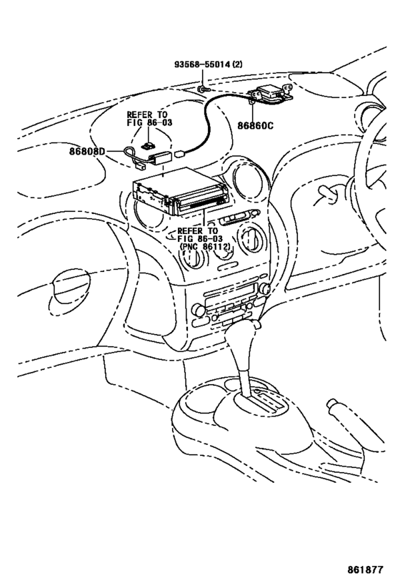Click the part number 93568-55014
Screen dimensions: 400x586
click(x=202, y=64)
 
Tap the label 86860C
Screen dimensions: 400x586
click(x=256, y=125)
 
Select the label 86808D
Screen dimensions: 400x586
click(x=87, y=152)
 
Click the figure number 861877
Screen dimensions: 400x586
click(x=365, y=570)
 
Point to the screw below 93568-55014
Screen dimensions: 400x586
click(x=203, y=89)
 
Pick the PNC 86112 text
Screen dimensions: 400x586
click(x=205, y=247)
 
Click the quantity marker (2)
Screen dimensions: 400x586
click(x=237, y=64)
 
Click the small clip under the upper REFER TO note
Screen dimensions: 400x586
click(x=149, y=146)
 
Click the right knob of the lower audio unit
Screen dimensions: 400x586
click(x=264, y=288)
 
